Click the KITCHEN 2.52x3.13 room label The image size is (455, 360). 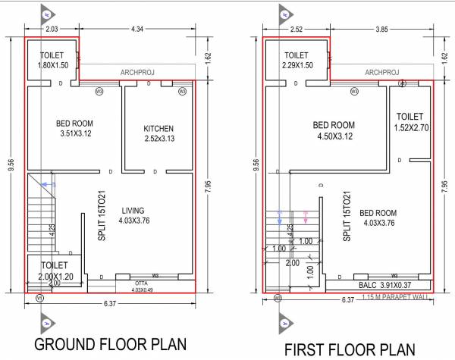158,133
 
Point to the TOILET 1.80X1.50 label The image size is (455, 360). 52,61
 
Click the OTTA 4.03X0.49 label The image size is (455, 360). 142,286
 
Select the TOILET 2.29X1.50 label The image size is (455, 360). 297,61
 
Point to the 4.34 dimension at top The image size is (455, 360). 137,29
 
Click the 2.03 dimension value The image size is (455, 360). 52,29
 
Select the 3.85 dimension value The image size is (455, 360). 378,29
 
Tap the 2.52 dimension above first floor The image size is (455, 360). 295,29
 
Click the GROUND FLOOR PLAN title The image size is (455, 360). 111,346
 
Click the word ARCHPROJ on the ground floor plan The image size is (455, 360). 137,73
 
